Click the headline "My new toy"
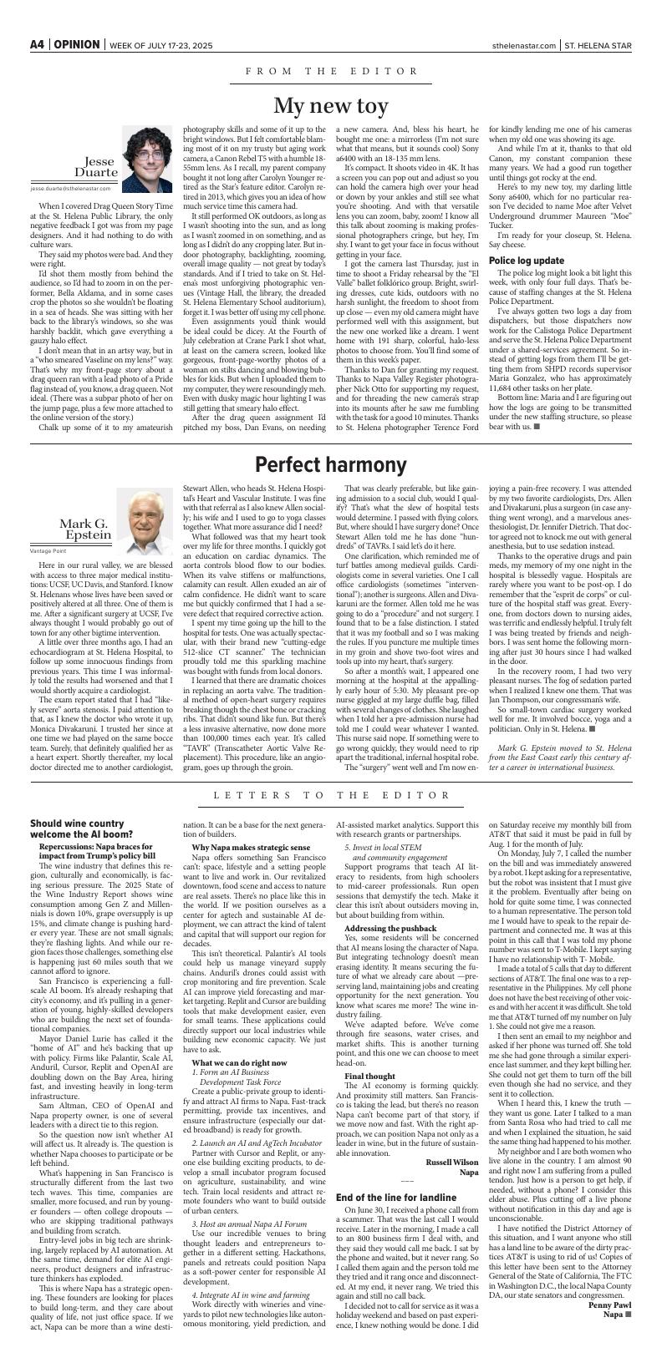point(331,106)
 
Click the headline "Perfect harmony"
point(331,465)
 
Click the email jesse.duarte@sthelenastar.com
point(74,189)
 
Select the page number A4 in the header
point(37,44)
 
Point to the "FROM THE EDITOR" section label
point(331,72)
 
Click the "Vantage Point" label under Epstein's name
point(48,551)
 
